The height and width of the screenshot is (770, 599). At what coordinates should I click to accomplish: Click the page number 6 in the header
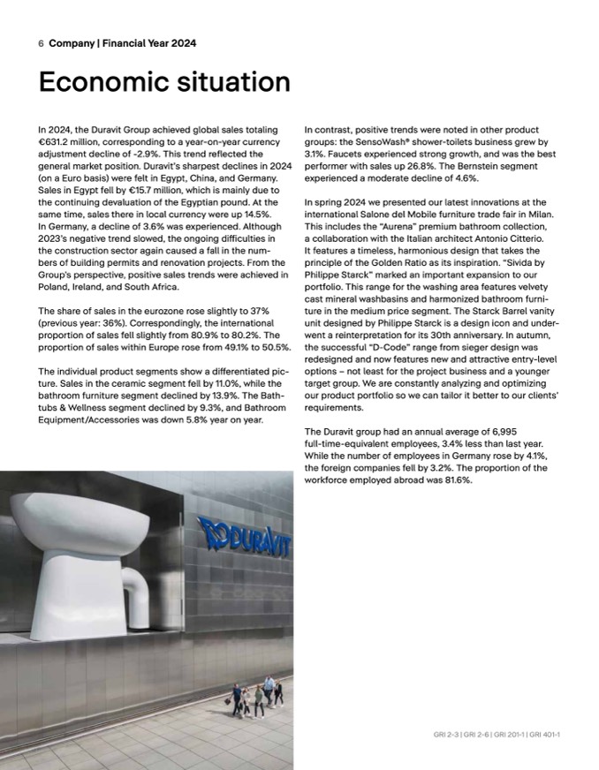pos(41,43)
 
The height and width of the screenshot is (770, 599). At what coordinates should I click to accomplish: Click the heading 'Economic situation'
pos(164,82)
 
